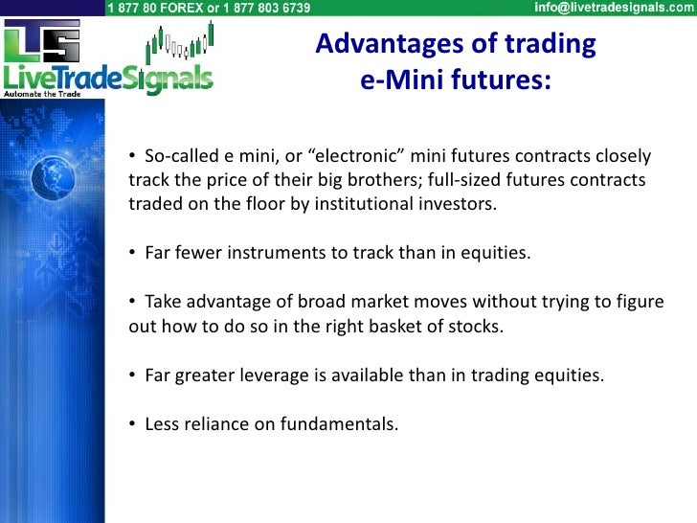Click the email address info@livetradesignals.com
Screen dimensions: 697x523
(x=614, y=8)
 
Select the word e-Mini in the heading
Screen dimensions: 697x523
(x=402, y=80)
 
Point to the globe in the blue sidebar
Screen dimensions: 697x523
(x=53, y=177)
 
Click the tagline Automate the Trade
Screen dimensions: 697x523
(x=42, y=94)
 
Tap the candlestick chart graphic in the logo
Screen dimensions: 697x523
(x=180, y=42)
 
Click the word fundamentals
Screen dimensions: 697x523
(x=339, y=423)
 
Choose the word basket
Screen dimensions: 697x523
(x=395, y=327)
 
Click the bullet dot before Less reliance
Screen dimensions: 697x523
(x=132, y=423)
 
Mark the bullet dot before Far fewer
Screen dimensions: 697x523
(x=132, y=252)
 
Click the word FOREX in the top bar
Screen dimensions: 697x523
(x=181, y=8)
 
